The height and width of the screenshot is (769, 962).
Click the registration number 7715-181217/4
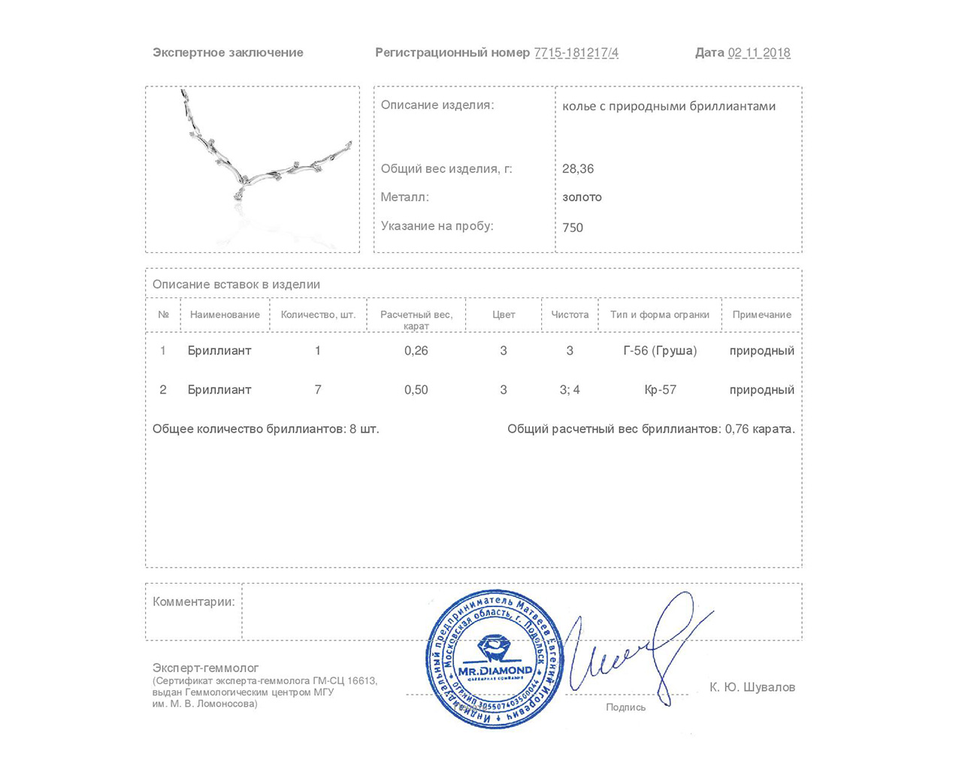click(x=576, y=53)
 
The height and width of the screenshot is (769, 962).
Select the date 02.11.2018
click(x=759, y=53)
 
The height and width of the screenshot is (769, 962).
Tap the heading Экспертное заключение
click(x=228, y=53)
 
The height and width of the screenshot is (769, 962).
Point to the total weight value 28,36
click(x=578, y=169)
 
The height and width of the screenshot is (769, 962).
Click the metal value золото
click(x=582, y=198)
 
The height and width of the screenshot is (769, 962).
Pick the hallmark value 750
click(x=573, y=228)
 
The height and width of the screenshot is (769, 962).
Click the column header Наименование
click(x=225, y=315)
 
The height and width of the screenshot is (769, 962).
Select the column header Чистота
click(x=570, y=315)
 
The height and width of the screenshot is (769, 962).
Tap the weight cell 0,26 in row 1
click(x=416, y=351)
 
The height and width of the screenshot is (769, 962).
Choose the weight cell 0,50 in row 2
click(x=416, y=390)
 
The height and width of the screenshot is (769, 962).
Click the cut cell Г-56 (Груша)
click(x=660, y=351)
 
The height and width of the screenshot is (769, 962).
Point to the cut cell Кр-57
click(x=660, y=390)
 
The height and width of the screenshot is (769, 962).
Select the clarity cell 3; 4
click(x=570, y=390)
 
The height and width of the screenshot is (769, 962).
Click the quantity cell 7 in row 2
click(x=318, y=390)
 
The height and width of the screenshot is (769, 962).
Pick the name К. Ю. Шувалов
click(x=752, y=687)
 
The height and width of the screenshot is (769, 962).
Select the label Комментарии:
click(x=193, y=602)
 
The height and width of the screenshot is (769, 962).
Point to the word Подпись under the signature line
click(x=625, y=707)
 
